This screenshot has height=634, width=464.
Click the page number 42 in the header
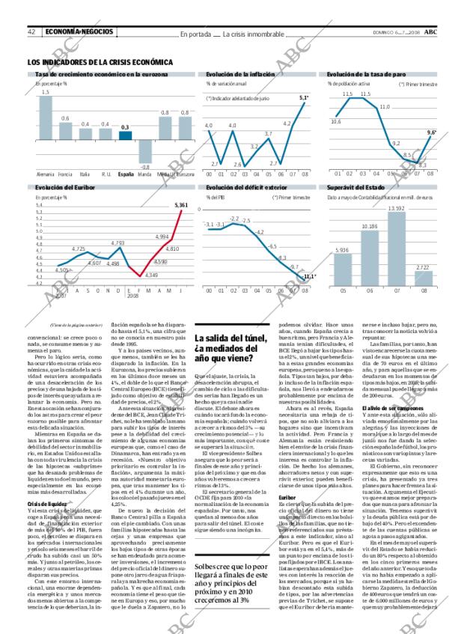33,32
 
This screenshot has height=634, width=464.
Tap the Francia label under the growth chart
65,174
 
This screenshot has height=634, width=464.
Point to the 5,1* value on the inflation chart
303,98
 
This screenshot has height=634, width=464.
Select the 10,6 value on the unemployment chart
337,121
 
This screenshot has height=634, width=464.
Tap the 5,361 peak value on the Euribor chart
180,204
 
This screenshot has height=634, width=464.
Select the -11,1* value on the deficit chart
310,276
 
